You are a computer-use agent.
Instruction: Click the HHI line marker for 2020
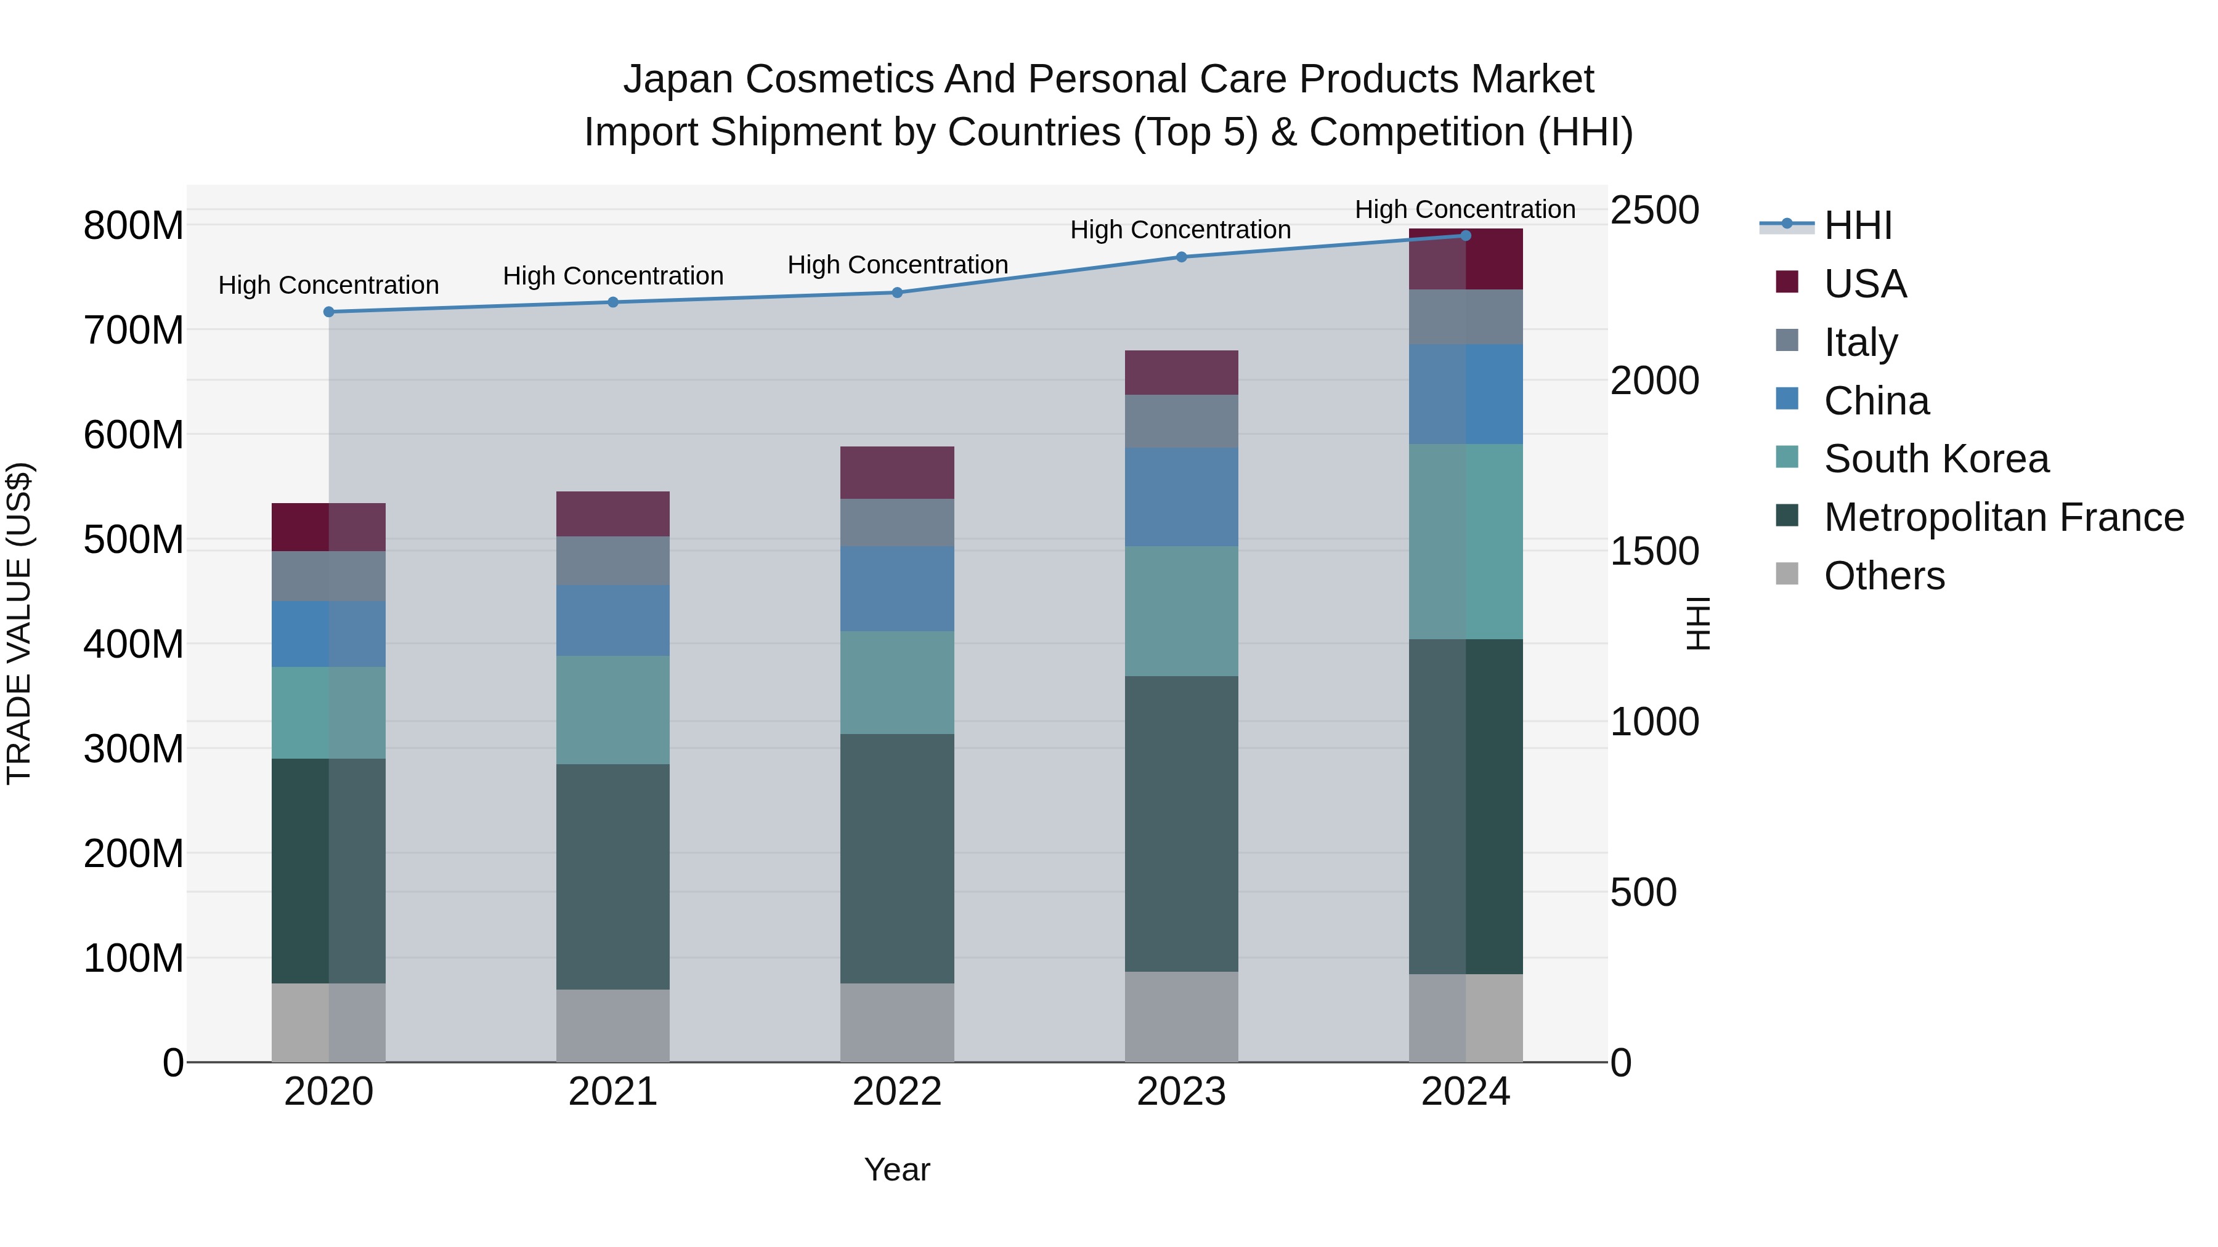pos(329,312)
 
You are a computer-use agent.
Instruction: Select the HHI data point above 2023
pos(1181,256)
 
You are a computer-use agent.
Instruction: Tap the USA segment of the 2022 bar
pos(897,472)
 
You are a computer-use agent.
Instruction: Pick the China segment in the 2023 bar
pos(1181,496)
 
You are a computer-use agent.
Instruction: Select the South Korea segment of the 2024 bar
pos(1466,541)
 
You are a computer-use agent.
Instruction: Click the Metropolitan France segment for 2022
pos(897,858)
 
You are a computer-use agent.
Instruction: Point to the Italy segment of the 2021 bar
pos(613,560)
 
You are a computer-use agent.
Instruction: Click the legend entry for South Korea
pos(1936,459)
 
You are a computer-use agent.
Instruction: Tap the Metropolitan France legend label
pos(2004,517)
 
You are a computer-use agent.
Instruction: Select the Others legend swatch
pos(1787,574)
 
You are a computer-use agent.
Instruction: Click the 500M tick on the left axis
pos(134,539)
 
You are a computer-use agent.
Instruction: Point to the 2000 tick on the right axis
pos(1654,381)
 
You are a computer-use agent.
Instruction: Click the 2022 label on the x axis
pos(897,1091)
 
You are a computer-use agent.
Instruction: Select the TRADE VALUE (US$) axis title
pos(19,623)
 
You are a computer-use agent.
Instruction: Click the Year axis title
pos(897,1169)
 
